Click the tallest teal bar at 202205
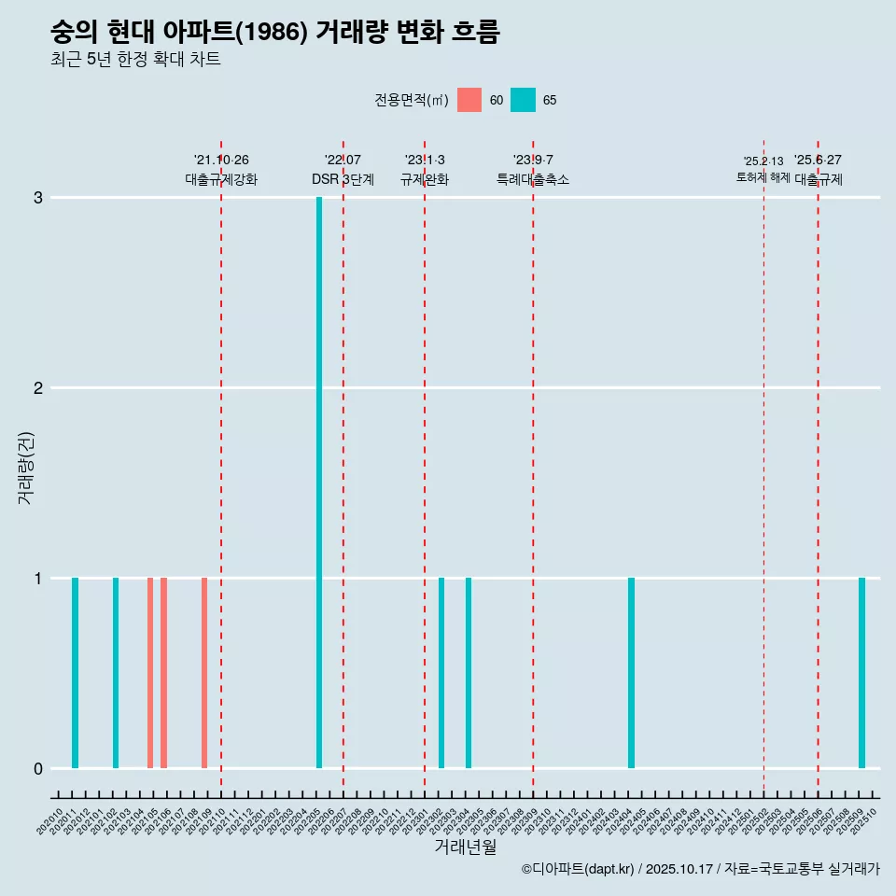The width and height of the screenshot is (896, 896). (319, 483)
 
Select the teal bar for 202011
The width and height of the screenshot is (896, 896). (75, 673)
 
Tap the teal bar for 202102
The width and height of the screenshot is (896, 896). (116, 673)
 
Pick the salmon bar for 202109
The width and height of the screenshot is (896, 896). (204, 673)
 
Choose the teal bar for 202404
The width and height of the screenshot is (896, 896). (631, 673)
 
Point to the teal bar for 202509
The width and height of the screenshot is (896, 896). (861, 673)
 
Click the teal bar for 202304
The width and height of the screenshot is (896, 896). (469, 673)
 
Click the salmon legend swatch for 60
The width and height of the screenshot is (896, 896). (469, 100)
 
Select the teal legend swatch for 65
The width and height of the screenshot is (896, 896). (524, 100)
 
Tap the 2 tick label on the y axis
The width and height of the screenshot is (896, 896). (38, 388)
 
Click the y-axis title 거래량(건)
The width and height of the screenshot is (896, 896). (25, 468)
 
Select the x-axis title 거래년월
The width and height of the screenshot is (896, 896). (465, 847)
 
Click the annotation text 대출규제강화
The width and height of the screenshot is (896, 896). (221, 179)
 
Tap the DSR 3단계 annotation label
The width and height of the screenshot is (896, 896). (343, 179)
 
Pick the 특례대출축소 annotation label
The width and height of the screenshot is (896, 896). (533, 179)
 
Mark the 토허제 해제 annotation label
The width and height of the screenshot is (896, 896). (763, 177)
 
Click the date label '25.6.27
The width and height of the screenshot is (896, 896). (818, 160)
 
